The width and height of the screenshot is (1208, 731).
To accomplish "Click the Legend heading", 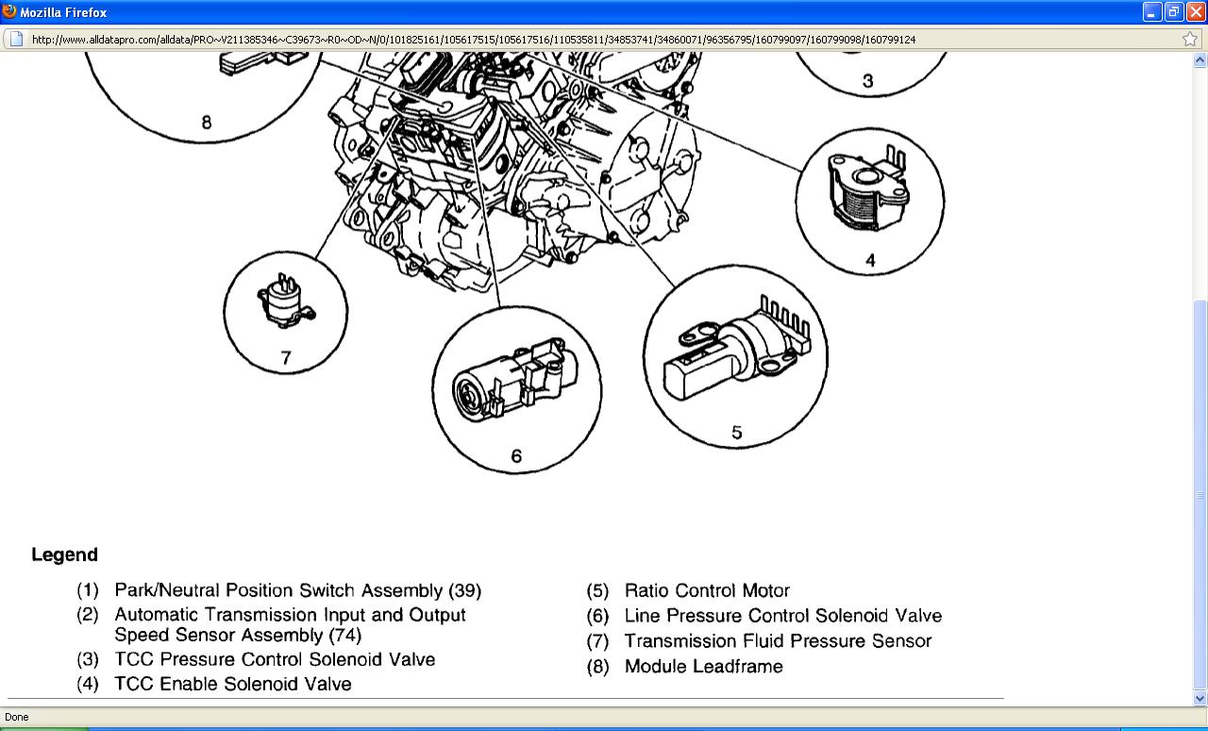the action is pos(64,554).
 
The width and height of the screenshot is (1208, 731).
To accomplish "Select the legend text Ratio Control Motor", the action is pos(707,591).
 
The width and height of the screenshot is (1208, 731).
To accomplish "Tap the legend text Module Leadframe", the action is pos(703,667).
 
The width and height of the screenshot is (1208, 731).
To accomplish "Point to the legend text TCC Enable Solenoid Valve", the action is pos(232,684).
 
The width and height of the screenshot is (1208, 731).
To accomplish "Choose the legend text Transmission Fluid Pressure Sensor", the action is pos(778,641).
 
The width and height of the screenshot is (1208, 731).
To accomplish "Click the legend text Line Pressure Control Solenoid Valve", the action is pos(782,616).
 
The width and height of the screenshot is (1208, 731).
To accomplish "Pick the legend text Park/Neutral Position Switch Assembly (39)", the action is pos(297,591).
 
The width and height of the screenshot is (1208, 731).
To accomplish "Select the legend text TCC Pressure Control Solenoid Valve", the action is pos(275,659).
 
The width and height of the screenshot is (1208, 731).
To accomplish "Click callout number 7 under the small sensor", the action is pos(286,358).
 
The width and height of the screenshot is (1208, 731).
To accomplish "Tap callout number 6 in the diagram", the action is pos(516,456).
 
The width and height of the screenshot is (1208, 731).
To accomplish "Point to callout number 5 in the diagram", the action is pos(737,433).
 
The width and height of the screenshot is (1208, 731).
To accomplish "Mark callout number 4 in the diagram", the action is pos(870,260).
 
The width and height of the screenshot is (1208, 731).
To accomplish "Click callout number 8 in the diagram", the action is pos(207,122).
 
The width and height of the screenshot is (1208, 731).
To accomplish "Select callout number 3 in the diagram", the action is pos(868,81).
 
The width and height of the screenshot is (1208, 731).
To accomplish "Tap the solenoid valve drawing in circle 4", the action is pos(866,193).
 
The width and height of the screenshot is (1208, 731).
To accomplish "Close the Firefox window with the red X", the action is pos(1195,12).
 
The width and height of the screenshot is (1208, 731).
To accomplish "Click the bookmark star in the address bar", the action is pos(1190,39).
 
